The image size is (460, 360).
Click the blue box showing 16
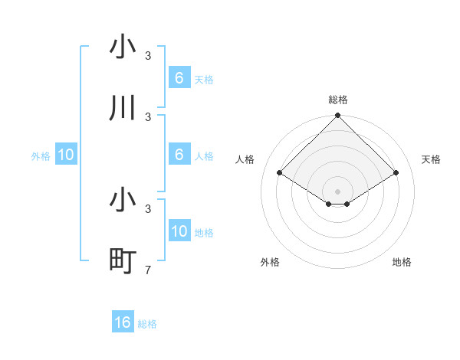tap(123, 322)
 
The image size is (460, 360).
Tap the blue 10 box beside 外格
tap(66, 155)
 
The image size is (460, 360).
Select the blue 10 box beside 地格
tap(179, 231)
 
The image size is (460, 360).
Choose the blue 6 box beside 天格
tap(179, 78)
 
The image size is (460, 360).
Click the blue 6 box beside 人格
tap(179, 155)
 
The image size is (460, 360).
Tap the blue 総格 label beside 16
tap(147, 324)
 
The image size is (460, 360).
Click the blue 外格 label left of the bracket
tap(41, 155)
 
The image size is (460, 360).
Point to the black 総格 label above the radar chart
tap(337, 100)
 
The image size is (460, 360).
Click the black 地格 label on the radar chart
tap(402, 262)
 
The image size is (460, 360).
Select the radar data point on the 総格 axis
tap(337, 116)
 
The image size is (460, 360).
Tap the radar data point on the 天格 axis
tap(396, 173)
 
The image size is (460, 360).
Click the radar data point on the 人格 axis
tap(279, 173)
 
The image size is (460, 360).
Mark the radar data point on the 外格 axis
tap(329, 204)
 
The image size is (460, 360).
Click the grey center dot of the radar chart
tap(337, 191)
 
